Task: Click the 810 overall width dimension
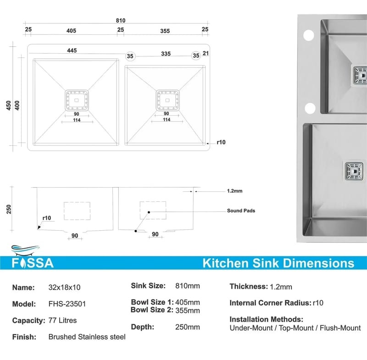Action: (121, 21)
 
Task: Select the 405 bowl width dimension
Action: (71, 31)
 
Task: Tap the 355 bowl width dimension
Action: (165, 31)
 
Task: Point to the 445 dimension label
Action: (72, 50)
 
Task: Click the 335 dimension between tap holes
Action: (166, 54)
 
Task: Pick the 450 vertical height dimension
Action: (8, 105)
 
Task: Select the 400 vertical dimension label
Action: (17, 105)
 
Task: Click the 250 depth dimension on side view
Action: (9, 209)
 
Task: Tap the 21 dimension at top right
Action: (206, 53)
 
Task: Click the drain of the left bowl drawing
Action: (77, 100)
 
